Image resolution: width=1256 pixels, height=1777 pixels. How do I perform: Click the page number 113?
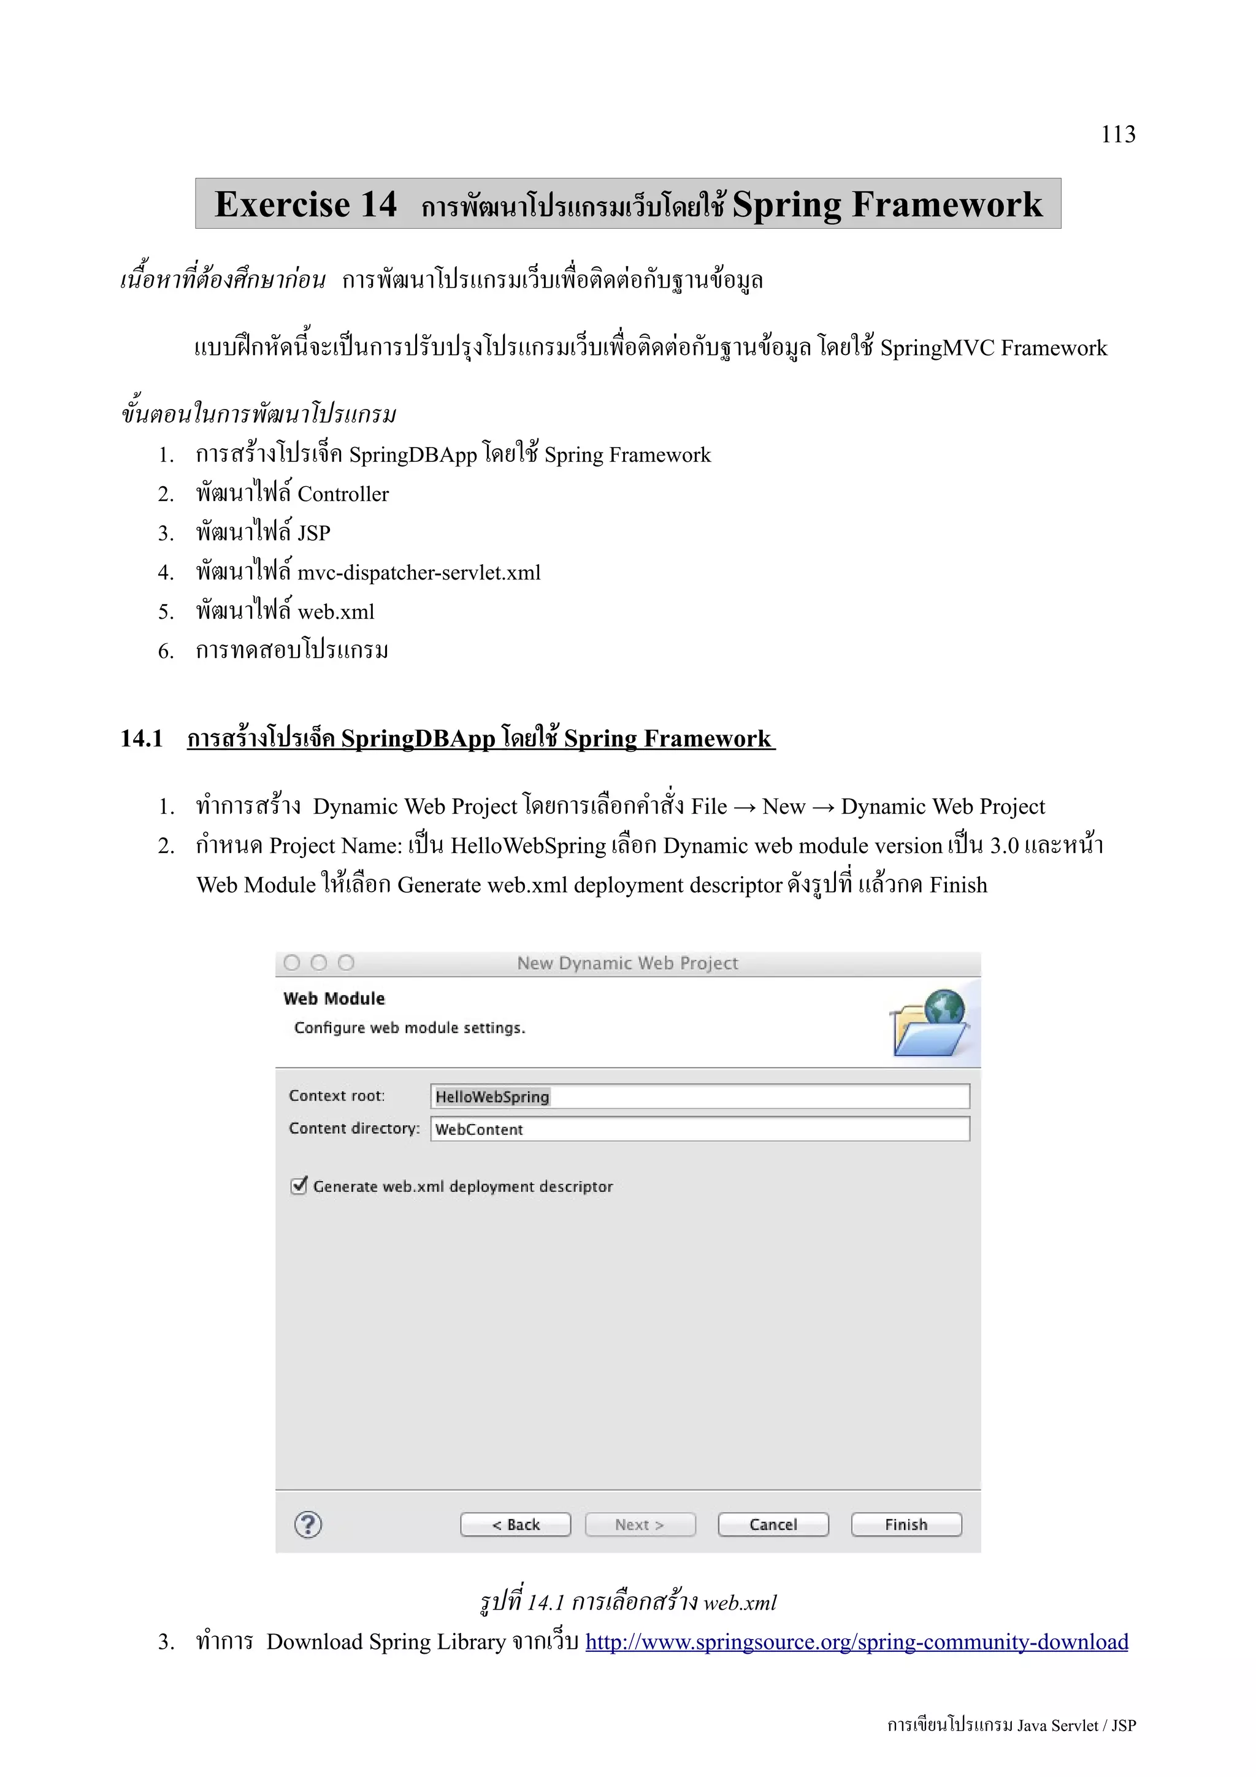[x=1117, y=135]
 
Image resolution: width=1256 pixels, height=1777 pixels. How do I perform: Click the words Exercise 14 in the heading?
[x=305, y=204]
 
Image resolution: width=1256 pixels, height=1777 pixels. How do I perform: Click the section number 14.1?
[x=142, y=738]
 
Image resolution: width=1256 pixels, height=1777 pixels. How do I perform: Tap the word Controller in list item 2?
[x=343, y=494]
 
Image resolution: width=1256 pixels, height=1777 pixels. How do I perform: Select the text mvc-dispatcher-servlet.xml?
[x=419, y=573]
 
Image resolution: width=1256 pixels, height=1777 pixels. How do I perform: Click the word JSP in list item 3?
[x=313, y=533]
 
